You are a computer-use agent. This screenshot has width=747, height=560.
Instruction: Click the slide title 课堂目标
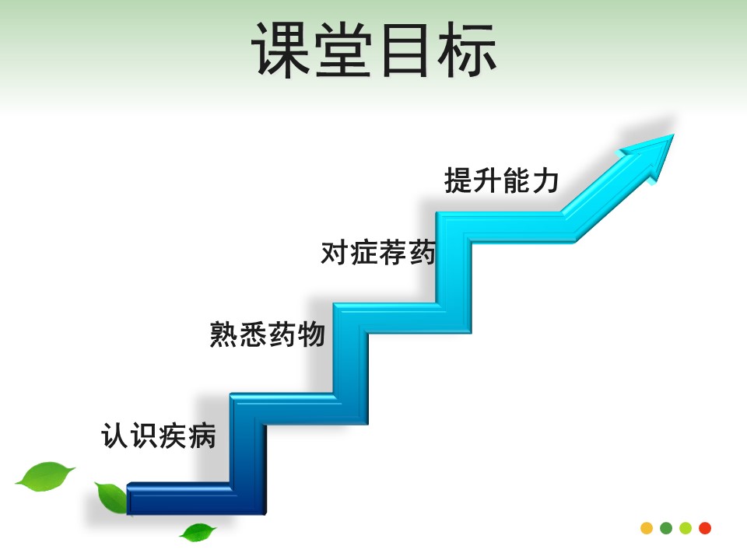pos(374,50)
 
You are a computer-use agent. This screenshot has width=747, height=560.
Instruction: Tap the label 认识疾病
pos(158,436)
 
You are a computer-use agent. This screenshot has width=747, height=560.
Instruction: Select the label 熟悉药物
pos(267,334)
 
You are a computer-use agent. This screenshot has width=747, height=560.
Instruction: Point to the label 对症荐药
pos(378,252)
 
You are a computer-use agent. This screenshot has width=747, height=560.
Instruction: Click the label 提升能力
pos(501,180)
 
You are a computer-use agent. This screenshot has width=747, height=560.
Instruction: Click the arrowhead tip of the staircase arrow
pos(674,135)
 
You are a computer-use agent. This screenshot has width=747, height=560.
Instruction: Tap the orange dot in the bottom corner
pos(647,528)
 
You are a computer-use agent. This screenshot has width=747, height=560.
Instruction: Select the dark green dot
pos(666,528)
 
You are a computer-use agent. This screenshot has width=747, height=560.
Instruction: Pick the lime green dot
pos(686,528)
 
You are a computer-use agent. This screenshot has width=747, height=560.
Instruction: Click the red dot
pos(705,528)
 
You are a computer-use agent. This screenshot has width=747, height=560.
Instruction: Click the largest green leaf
pos(45,477)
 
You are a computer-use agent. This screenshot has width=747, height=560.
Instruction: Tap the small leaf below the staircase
pos(198,532)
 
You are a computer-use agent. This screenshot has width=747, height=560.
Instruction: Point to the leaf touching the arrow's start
pos(112,497)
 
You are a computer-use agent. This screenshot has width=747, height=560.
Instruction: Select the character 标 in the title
pos(468,50)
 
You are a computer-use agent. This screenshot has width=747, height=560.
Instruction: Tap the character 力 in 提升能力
pos(545,181)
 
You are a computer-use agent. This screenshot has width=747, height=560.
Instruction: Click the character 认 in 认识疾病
pos(114,436)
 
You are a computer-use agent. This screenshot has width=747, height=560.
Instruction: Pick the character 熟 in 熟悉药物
pos(223,334)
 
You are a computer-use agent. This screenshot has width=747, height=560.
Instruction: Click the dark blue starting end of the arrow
pos(130,499)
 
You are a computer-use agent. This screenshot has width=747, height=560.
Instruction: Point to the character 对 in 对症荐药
pos(335,252)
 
